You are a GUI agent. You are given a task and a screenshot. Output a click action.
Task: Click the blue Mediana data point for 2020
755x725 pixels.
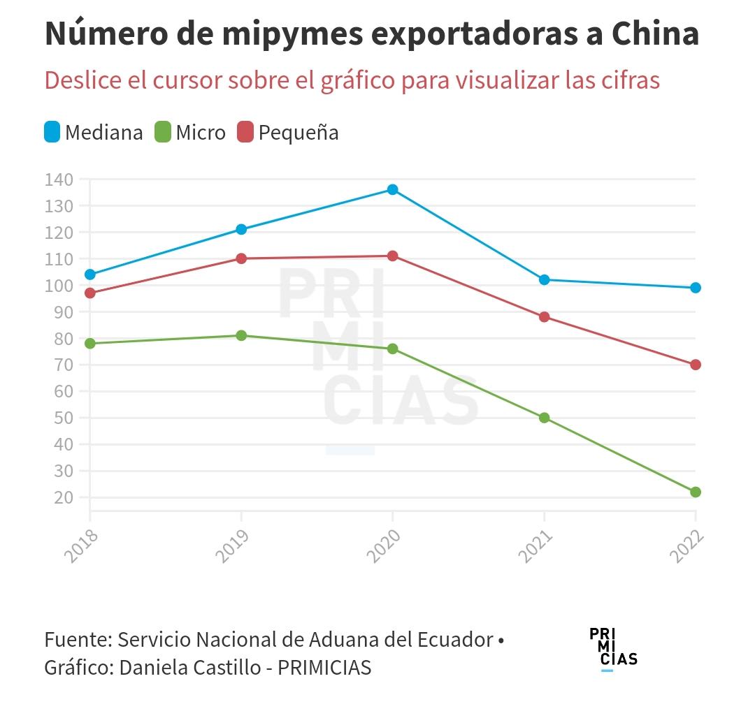[x=393, y=189]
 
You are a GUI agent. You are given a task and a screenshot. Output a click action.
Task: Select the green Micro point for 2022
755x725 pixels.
[x=696, y=492]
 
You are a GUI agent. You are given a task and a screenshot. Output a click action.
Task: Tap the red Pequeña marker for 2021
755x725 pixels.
[x=545, y=316]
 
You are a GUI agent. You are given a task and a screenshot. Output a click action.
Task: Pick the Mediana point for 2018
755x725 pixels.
[x=90, y=274]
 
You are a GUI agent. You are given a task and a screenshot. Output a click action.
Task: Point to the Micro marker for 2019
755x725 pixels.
[x=241, y=335]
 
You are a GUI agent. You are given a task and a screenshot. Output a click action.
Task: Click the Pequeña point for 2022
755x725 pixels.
[x=696, y=365]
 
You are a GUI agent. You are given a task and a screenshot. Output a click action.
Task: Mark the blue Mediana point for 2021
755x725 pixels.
[x=545, y=279]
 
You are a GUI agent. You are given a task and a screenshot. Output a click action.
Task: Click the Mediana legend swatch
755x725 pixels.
[x=52, y=132]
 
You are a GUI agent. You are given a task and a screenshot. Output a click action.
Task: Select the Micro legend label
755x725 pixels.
[x=201, y=133]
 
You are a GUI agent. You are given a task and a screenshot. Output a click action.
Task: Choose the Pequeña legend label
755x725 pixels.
[x=299, y=133]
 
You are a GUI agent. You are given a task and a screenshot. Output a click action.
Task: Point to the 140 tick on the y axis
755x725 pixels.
[x=59, y=180]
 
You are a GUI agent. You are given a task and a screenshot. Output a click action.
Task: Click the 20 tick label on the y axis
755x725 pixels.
[x=63, y=497]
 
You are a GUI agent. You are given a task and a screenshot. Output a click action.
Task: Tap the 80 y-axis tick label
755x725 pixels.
[x=63, y=339]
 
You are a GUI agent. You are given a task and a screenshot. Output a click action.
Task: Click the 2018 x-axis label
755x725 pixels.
[x=80, y=546]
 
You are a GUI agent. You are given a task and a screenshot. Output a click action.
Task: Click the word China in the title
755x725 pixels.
[x=655, y=34]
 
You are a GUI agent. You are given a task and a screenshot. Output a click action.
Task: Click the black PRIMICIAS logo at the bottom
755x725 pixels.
[x=613, y=647]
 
